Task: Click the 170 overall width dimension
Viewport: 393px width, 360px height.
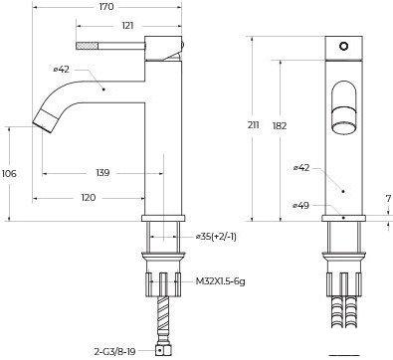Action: pos(106,7)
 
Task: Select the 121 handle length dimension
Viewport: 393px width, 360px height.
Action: pos(127,26)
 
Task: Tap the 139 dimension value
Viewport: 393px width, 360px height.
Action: pos(102,173)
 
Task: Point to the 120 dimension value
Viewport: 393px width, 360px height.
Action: pos(89,198)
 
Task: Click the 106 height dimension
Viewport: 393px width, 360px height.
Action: pos(9,173)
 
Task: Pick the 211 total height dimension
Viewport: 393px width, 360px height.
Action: pos(253,125)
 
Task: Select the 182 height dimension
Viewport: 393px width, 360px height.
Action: pos(280,126)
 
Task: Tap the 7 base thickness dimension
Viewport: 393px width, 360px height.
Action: pos(389,199)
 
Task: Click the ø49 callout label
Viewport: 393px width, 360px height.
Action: pos(301,206)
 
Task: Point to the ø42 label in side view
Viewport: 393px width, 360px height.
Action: pos(62,70)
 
